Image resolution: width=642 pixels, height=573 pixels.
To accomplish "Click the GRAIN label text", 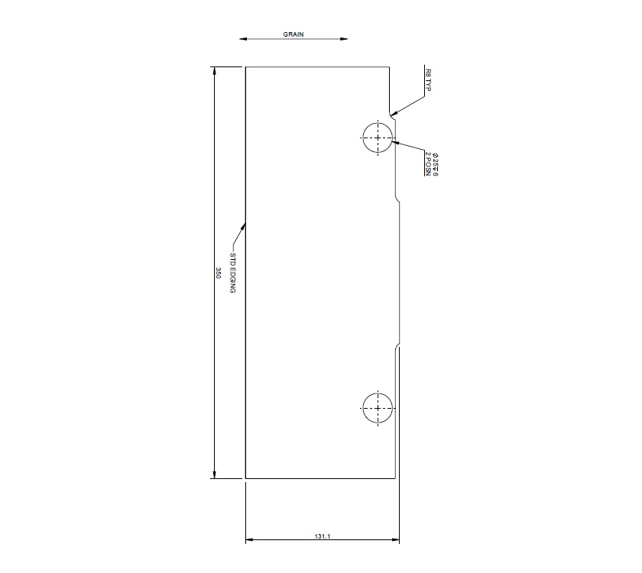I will click(x=294, y=34).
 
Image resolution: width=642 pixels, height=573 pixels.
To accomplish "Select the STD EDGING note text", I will click(x=234, y=273).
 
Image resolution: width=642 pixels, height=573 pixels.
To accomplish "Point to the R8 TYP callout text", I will click(x=428, y=80).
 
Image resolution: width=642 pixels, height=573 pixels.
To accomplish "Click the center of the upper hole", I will click(x=378, y=138).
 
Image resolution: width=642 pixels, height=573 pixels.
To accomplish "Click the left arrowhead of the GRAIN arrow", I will click(x=242, y=38).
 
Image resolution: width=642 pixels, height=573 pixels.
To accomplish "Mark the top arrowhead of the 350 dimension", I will click(x=214, y=69).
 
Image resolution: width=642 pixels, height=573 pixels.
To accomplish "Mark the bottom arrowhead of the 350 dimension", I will click(x=214, y=477).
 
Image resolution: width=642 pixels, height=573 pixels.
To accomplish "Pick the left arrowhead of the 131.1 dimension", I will click(x=247, y=541).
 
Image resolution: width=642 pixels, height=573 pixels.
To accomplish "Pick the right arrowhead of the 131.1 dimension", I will click(x=398, y=541).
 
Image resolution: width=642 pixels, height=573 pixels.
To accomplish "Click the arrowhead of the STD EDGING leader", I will click(x=245, y=224).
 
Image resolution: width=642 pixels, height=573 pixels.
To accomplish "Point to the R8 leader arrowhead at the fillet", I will click(x=391, y=115).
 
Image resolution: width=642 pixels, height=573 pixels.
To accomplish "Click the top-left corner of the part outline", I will click(x=245, y=67).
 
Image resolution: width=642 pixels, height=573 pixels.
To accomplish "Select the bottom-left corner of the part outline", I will click(x=245, y=479).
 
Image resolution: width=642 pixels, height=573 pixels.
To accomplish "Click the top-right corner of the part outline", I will click(x=390, y=67).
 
